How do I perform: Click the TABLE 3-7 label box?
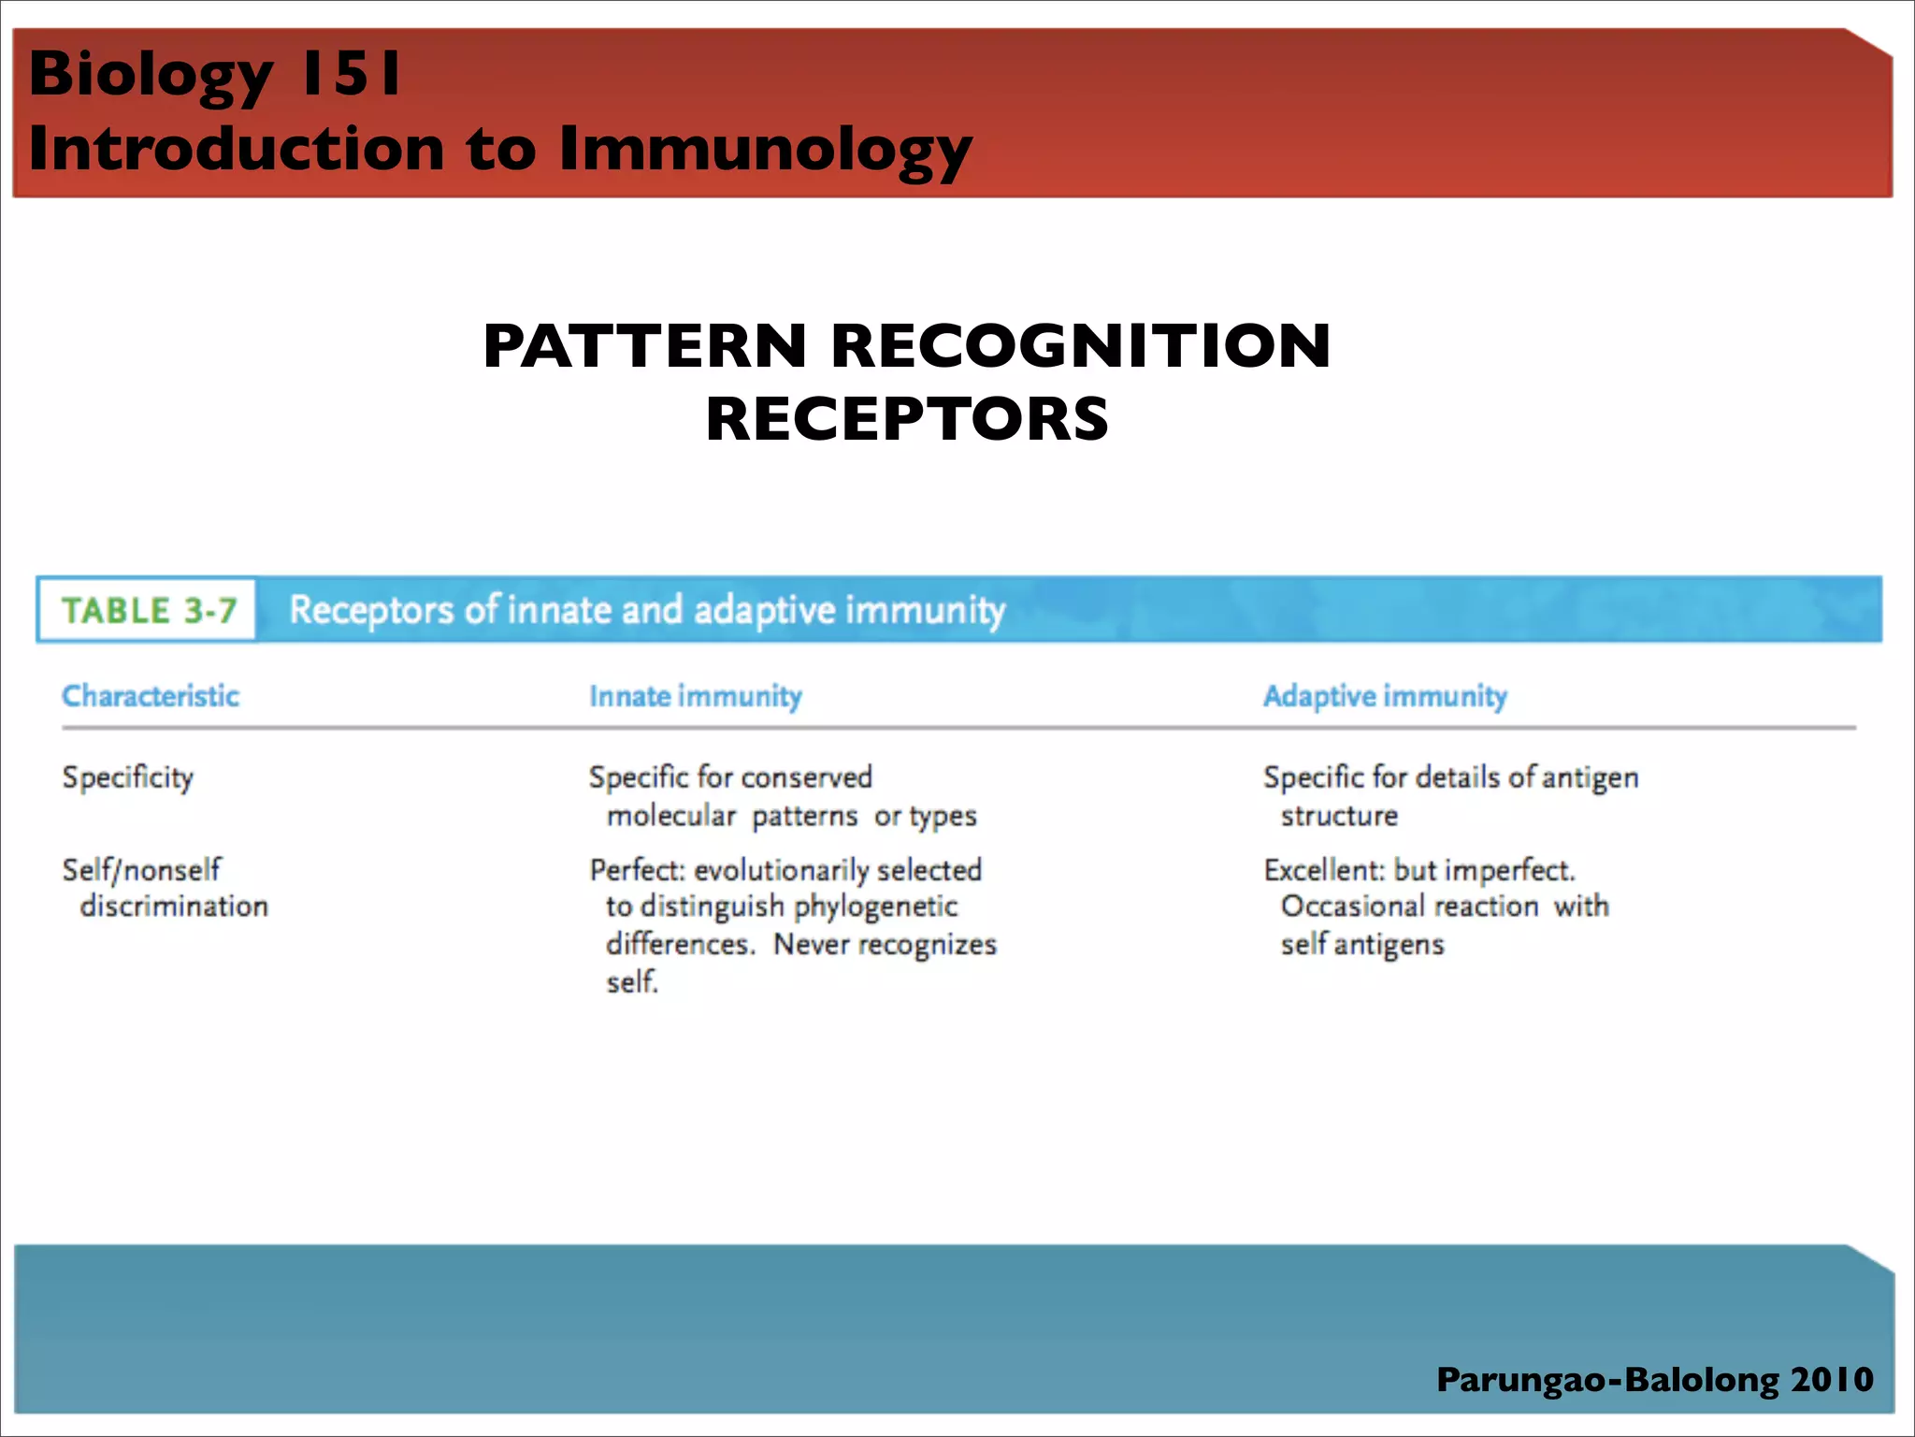[148, 610]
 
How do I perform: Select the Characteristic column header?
[151, 696]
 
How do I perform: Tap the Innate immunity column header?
[696, 696]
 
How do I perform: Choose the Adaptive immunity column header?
[1385, 696]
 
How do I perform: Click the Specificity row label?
[128, 777]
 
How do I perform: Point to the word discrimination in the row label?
[174, 906]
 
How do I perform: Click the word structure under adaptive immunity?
[1339, 816]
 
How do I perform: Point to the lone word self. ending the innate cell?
[632, 982]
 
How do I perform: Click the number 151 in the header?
[350, 73]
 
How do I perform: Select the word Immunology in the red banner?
[765, 150]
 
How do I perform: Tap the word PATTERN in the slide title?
[644, 346]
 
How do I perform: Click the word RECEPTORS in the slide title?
[907, 418]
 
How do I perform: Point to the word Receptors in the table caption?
[371, 610]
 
